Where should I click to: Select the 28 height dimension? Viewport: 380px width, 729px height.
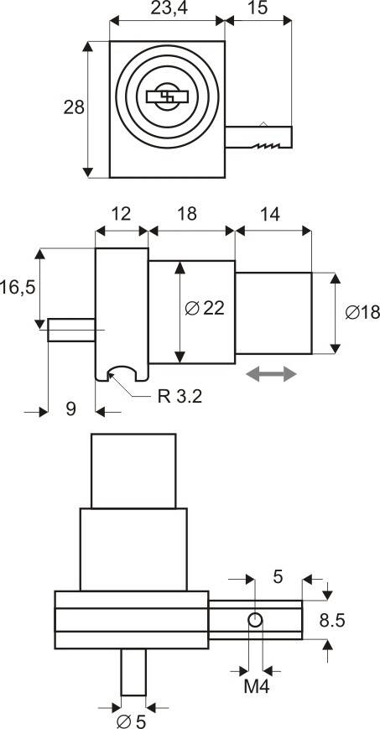pos(74,107)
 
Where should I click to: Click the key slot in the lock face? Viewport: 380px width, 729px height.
pos(167,96)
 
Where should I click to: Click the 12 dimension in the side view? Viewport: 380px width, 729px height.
pos(121,214)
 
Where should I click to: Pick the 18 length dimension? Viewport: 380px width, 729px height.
pos(187,214)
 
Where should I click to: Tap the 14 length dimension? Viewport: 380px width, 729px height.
pos(270,215)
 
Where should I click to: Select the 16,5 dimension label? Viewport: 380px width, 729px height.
pos(18,288)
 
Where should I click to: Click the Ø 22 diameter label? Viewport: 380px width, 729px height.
pos(204,308)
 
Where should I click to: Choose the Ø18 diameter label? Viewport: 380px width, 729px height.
pos(362,312)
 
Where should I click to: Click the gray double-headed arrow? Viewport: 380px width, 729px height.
pos(271,374)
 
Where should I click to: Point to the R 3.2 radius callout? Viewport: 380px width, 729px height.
pos(180,397)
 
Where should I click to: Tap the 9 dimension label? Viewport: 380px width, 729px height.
pos(70,409)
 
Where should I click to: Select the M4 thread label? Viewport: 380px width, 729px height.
pos(257,687)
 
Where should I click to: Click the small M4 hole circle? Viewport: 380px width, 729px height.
pos(255,620)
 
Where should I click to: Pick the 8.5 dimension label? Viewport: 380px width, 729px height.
pos(332,620)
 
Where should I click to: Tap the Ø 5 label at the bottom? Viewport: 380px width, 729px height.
pos(132,721)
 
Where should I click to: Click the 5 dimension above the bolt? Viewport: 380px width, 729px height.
pos(278,577)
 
